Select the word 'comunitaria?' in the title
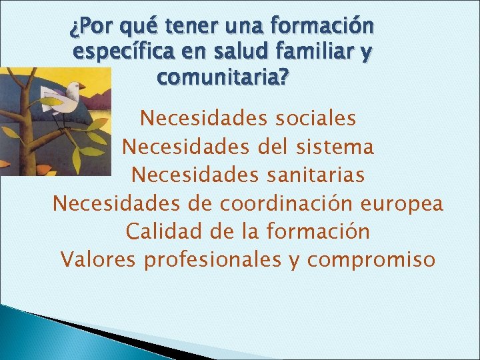point(223,76)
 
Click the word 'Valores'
point(94,259)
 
